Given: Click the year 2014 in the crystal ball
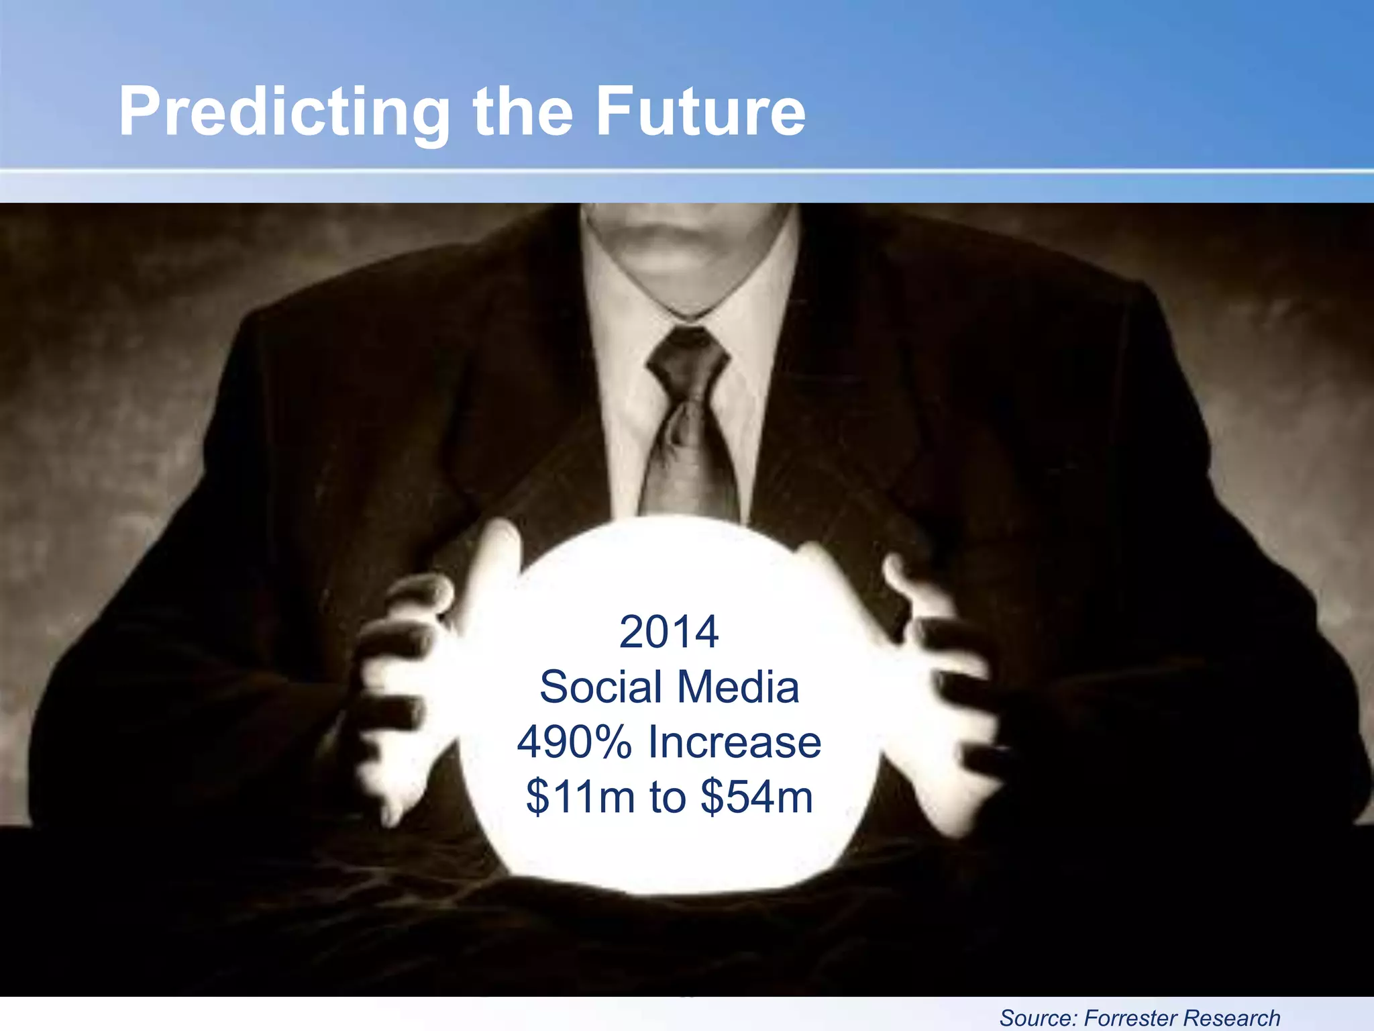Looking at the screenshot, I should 669,632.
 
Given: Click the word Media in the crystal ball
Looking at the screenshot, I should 738,687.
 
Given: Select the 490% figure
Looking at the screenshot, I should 574,742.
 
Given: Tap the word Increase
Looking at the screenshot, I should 734,742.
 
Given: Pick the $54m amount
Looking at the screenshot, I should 756,797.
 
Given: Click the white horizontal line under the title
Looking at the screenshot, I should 687,172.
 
